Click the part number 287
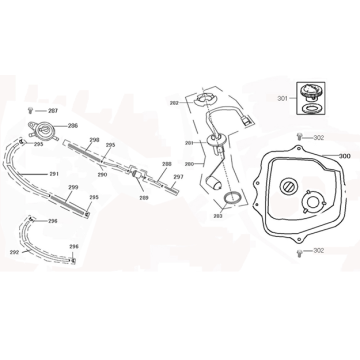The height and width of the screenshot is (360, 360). (53, 109)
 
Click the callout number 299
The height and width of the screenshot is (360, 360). (74, 187)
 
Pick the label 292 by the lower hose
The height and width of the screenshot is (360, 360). (13, 252)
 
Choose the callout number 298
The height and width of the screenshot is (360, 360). (93, 140)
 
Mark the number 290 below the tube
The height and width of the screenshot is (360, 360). (102, 175)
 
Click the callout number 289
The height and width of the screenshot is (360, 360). (143, 198)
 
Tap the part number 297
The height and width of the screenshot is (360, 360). (177, 176)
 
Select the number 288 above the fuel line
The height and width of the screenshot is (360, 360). (166, 162)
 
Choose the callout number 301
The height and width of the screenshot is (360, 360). (282, 98)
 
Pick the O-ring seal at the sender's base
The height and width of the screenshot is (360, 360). (230, 200)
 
